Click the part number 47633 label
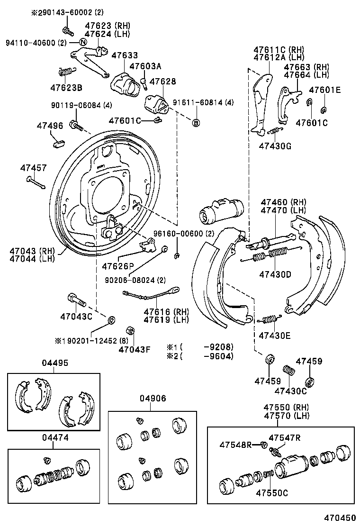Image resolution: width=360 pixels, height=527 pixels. pyautogui.click(x=125, y=55)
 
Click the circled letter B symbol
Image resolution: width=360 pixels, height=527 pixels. pyautogui.click(x=196, y=123)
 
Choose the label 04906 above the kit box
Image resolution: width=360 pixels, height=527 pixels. pyautogui.click(x=153, y=399)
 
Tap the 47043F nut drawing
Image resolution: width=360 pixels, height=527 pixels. pyautogui.click(x=128, y=330)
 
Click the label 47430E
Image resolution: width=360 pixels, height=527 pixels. pyautogui.click(x=275, y=336)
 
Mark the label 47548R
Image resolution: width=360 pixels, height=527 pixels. pyautogui.click(x=235, y=445)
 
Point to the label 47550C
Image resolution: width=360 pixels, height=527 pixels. pyautogui.click(x=272, y=492)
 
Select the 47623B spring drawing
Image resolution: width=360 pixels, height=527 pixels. pyautogui.click(x=66, y=72)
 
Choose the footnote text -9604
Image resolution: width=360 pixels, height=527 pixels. pyautogui.click(x=218, y=356)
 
